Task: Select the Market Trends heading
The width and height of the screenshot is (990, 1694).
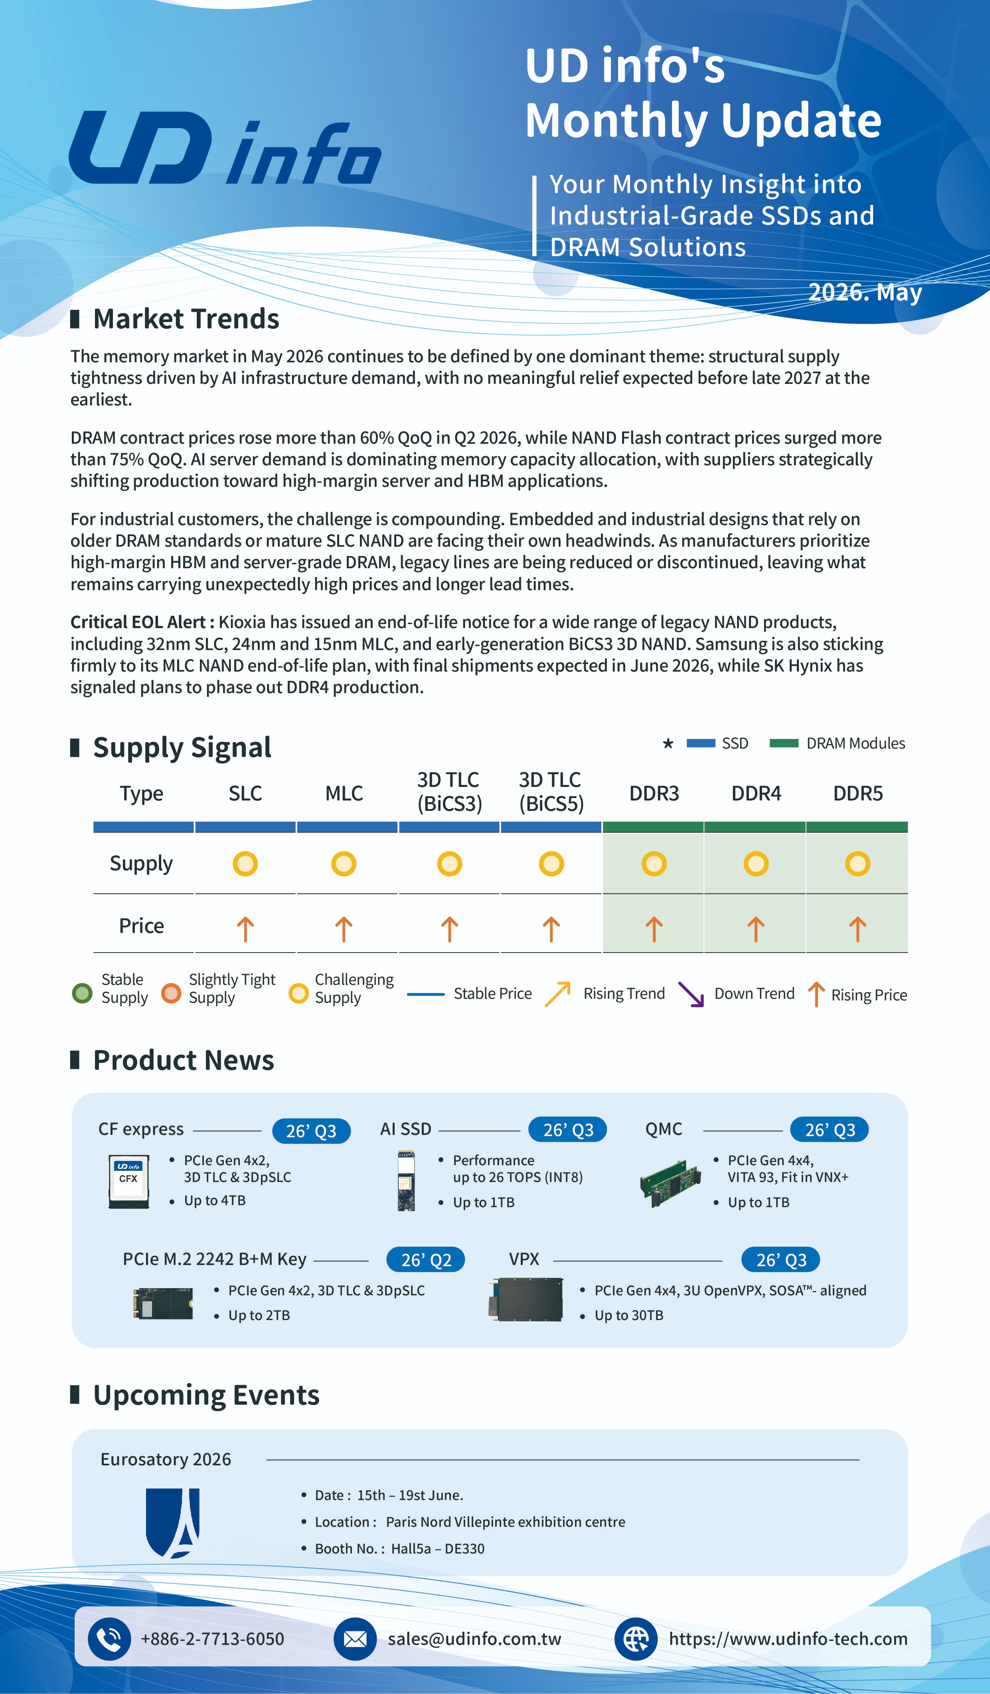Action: coord(186,318)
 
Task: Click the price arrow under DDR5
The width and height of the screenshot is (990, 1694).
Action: coord(857,929)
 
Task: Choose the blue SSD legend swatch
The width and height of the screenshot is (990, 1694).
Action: coord(700,743)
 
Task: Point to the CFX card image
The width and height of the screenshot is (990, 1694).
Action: coord(128,1181)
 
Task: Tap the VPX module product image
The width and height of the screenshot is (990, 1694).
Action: coord(526,1299)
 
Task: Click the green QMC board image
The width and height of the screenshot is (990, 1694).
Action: coord(672,1182)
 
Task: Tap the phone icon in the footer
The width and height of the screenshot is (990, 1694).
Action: coord(109,1639)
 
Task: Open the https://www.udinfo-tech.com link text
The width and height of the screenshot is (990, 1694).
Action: coord(788,1639)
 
